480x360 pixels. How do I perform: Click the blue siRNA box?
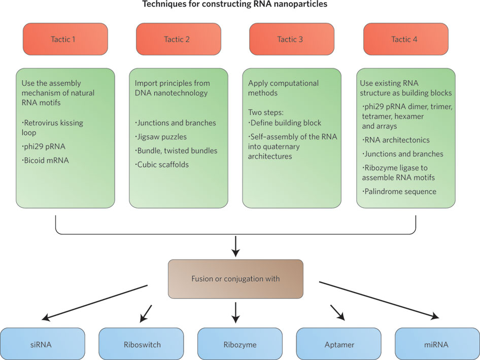coord(42,344)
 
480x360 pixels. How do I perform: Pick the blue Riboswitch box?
coord(141,344)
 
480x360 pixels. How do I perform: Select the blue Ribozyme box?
coord(239,344)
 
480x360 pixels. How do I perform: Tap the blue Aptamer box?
coord(338,344)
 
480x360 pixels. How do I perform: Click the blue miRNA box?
coord(437,344)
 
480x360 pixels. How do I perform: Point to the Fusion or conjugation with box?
coord(235,279)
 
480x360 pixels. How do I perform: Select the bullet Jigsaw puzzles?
coord(162,136)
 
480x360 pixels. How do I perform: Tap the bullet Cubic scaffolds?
coord(163,165)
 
